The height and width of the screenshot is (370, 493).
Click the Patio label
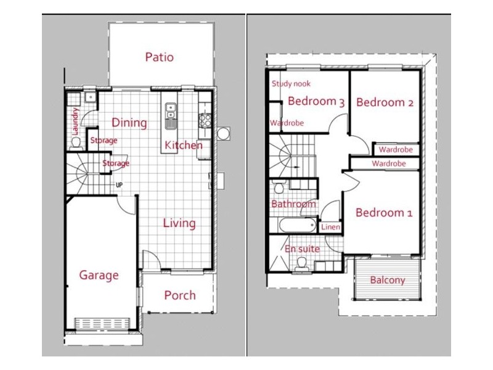pyautogui.click(x=159, y=57)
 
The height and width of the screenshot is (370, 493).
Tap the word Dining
pyautogui.click(x=129, y=123)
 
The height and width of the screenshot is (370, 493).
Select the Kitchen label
pyautogui.click(x=183, y=146)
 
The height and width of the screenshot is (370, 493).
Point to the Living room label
pyautogui.click(x=179, y=223)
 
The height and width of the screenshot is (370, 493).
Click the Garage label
pyautogui.click(x=99, y=275)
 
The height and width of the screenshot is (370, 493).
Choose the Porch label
pyautogui.click(x=179, y=295)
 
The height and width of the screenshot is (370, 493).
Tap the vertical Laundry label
pyautogui.click(x=75, y=121)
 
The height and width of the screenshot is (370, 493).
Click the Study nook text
pyautogui.click(x=291, y=84)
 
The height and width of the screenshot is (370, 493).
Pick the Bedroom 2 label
pyautogui.click(x=385, y=102)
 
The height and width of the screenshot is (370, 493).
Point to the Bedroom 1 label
pyautogui.click(x=383, y=213)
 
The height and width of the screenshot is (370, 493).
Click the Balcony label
pyautogui.click(x=388, y=281)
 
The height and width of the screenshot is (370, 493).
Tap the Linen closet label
pyautogui.click(x=330, y=227)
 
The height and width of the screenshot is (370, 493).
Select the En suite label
pyautogui.click(x=302, y=249)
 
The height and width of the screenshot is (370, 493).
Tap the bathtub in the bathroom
pyautogui.click(x=296, y=226)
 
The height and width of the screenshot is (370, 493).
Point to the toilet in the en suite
pyautogui.click(x=301, y=264)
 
